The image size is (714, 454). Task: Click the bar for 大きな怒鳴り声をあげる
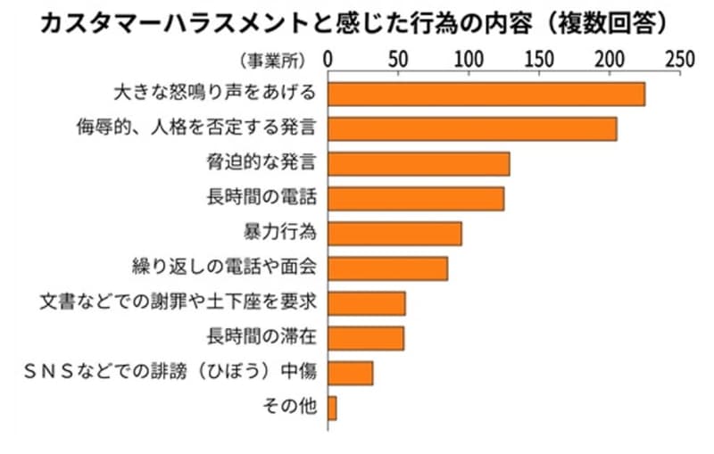[486, 95]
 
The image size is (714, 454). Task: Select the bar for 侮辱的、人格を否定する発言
[472, 129]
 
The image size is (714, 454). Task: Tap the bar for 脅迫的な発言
[419, 164]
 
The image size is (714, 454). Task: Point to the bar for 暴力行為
[394, 234]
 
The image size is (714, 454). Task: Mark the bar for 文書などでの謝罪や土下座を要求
[367, 303]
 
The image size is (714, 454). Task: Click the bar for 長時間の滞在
[366, 338]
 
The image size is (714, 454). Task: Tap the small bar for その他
[332, 408]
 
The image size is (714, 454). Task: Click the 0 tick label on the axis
[328, 60]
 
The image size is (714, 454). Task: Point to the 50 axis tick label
[399, 60]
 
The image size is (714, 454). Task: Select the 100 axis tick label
[469, 60]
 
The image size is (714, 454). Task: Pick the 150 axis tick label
[539, 60]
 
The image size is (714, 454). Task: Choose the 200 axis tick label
[610, 60]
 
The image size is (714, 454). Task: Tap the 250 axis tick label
[679, 60]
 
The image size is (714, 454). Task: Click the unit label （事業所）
[273, 61]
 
